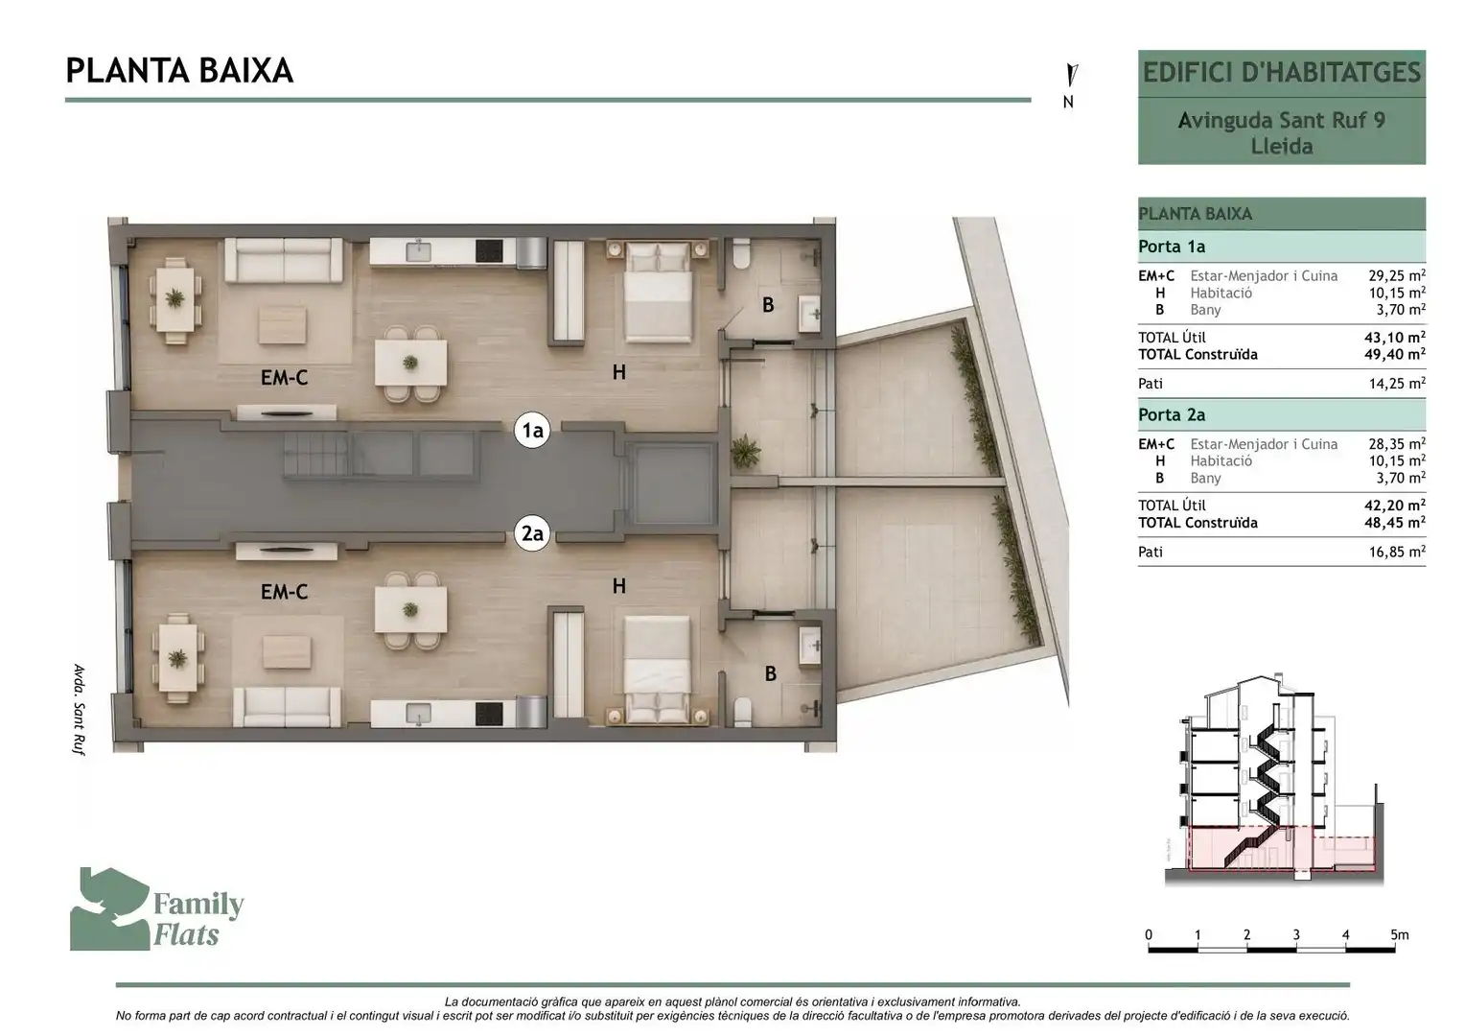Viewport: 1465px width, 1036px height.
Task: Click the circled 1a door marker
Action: (532, 430)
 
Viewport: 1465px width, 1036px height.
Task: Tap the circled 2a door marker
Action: (532, 534)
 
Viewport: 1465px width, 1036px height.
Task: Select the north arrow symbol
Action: (1071, 75)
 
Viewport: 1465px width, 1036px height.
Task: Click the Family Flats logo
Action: (156, 909)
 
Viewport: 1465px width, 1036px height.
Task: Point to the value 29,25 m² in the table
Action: (1397, 275)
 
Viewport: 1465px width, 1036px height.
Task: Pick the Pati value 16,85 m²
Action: (1397, 552)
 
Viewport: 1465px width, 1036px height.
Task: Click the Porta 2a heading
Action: (1172, 415)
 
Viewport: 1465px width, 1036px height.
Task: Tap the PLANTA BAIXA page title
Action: (179, 71)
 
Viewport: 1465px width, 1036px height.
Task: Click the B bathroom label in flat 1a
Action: (768, 304)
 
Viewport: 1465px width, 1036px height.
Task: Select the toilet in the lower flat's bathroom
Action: (742, 713)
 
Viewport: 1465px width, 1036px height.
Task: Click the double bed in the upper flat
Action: (658, 292)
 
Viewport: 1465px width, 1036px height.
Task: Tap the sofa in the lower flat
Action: (287, 706)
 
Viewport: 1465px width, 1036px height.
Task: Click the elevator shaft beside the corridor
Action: (669, 483)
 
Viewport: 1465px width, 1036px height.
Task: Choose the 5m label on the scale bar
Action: (1400, 935)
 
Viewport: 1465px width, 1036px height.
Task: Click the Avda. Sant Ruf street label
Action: (80, 710)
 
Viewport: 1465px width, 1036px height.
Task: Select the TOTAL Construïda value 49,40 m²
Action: (1397, 354)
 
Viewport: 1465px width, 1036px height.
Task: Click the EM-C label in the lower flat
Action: (284, 592)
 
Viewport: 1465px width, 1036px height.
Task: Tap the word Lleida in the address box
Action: (1282, 146)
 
